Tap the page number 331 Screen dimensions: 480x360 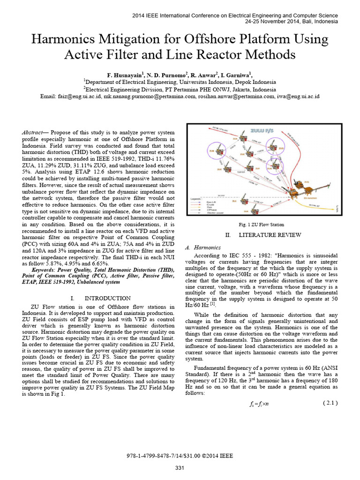[x=180, y=468]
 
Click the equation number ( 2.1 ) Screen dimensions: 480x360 [x=330, y=403]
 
